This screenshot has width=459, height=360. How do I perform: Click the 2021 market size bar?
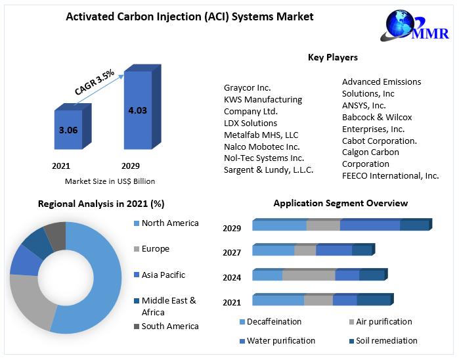[73, 126]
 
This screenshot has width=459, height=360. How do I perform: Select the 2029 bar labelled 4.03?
[142, 107]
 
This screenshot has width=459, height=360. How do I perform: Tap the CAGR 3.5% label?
[95, 82]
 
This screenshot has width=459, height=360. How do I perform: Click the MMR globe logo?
[414, 26]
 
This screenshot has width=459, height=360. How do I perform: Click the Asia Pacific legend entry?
[160, 275]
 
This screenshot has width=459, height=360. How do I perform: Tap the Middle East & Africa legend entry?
[165, 306]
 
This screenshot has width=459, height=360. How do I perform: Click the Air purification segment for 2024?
[309, 275]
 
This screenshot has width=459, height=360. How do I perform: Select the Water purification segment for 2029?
[370, 225]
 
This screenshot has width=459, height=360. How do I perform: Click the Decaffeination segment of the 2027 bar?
[273, 250]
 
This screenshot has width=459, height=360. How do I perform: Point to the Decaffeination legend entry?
[271, 322]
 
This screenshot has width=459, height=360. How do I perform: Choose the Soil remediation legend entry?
[383, 341]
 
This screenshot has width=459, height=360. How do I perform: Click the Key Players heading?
[333, 57]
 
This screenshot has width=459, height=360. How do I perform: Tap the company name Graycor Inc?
[248, 87]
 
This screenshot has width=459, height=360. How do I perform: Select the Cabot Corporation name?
[380, 141]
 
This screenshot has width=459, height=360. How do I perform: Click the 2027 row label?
[232, 252]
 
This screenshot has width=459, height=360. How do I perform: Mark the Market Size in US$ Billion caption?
[110, 181]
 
